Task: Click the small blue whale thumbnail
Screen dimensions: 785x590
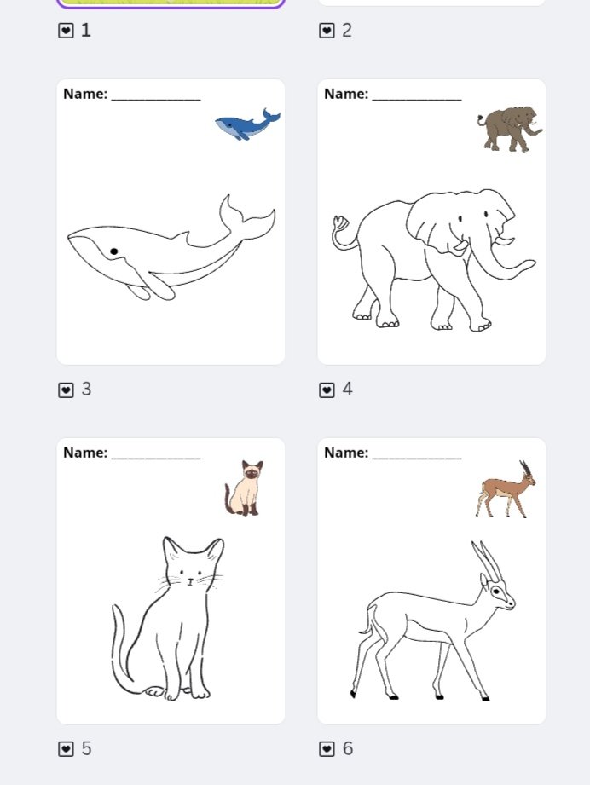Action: [x=247, y=124]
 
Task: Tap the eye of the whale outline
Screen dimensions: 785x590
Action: [x=113, y=251]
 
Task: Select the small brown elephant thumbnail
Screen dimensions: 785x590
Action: [x=509, y=129]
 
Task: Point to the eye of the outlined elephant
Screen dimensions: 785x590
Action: [x=460, y=219]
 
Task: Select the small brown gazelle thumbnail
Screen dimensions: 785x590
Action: [x=506, y=490]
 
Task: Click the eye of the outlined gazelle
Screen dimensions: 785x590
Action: [x=495, y=591]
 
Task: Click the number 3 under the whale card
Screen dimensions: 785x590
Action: [x=86, y=390]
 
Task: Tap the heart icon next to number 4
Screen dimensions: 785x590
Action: [x=327, y=390]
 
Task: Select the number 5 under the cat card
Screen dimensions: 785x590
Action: [x=86, y=748]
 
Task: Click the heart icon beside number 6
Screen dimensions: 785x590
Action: [x=327, y=748]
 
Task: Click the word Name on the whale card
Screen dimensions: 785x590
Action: [x=84, y=94]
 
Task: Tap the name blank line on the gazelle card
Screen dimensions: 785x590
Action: [x=417, y=457]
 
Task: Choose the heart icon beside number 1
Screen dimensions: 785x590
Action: [x=66, y=31]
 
